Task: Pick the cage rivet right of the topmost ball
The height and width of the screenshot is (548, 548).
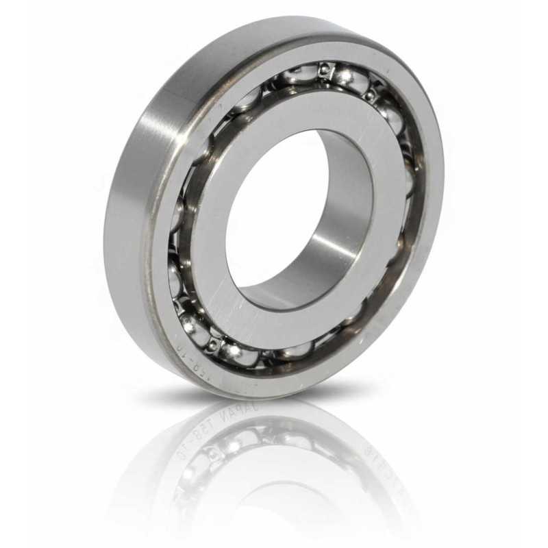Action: tap(371, 97)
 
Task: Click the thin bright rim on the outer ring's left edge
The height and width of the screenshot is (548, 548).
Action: tap(145, 274)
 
